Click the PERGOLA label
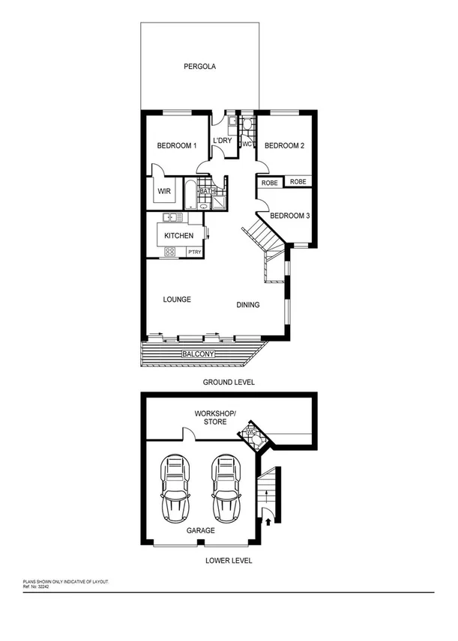point(200,67)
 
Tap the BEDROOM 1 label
point(176,145)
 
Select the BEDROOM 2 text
point(285,145)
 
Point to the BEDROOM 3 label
point(290,216)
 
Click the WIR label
point(163,192)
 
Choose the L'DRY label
point(223,141)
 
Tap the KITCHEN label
point(179,236)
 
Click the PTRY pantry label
point(194,252)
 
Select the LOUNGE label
point(177,300)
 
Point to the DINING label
point(248,305)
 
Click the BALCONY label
point(198,353)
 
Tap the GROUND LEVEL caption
point(229,382)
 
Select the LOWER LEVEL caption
point(229,561)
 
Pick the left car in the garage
point(176,489)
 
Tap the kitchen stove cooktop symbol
point(170,252)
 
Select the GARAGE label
point(200,530)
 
